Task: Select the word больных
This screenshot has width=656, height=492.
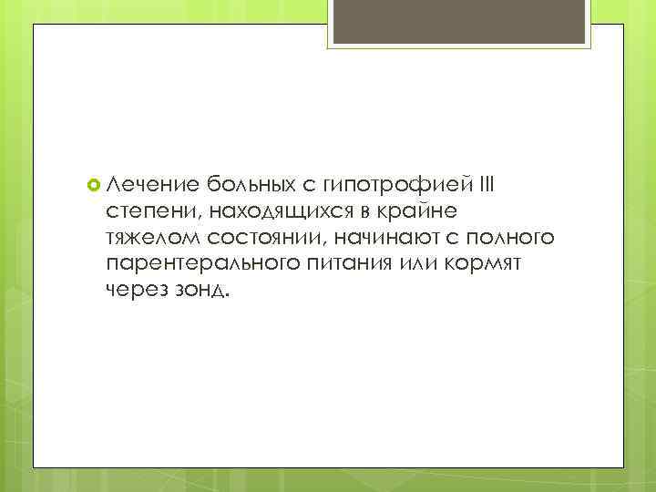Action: [x=250, y=186]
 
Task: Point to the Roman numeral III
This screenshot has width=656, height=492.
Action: [x=487, y=185]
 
